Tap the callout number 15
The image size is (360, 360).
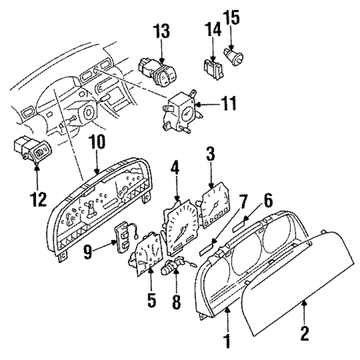[x=231, y=17]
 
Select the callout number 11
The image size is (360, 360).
[x=228, y=104]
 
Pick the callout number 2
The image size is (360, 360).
[x=304, y=334]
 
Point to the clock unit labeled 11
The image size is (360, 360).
[x=181, y=112]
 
